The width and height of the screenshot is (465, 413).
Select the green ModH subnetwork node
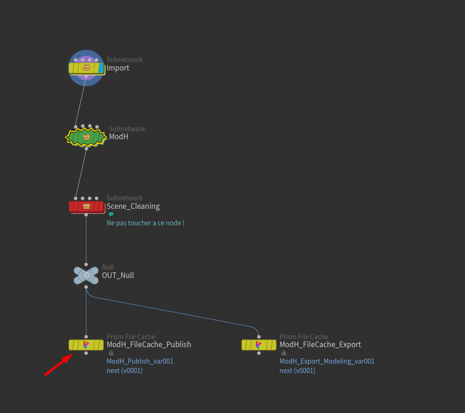tap(86, 137)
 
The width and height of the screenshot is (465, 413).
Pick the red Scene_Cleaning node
tap(86, 206)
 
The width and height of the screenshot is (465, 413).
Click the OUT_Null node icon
tap(86, 275)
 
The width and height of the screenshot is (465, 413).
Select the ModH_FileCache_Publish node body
tap(86, 345)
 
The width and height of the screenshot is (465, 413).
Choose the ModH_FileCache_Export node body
tap(259, 345)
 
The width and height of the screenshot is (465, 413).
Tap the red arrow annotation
tap(59, 365)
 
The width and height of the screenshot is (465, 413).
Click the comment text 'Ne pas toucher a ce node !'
tap(145, 223)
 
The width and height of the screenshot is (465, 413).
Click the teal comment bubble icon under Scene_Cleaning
tap(111, 214)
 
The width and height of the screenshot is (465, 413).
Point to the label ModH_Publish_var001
tap(140, 361)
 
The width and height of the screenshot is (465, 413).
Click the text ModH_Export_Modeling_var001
tap(327, 361)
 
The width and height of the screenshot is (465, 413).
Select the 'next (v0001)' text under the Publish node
tap(124, 371)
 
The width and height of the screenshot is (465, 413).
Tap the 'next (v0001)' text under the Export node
tap(297, 371)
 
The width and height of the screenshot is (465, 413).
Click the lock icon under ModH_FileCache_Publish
tap(111, 353)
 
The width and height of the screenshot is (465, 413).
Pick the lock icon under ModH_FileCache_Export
tap(284, 353)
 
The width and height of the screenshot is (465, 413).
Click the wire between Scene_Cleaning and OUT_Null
tap(86, 240)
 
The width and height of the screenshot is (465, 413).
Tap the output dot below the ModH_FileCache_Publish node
tap(86, 353)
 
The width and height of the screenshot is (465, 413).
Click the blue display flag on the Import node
tap(101, 68)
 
